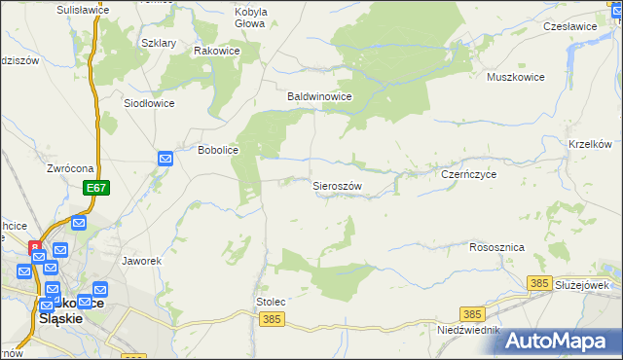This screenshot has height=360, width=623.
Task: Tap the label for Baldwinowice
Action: pyautogui.click(x=318, y=97)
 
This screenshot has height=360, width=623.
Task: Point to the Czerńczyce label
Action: pyautogui.click(x=469, y=174)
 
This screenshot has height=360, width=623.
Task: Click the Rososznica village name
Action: pyautogui.click(x=496, y=247)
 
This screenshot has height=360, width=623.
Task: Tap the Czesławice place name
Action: pyautogui.click(x=570, y=26)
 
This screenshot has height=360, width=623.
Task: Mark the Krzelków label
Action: pyautogui.click(x=590, y=144)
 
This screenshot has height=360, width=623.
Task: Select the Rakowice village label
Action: pyautogui.click(x=216, y=51)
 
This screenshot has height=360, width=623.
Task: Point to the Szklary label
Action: pyautogui.click(x=159, y=44)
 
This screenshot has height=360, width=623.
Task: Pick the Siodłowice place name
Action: pyautogui.click(x=149, y=102)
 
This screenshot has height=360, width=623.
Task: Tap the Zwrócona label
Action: pyautogui.click(x=69, y=168)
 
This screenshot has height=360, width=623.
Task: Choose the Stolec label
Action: pyautogui.click(x=271, y=303)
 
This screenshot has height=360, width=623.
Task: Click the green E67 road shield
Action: pyautogui.click(x=95, y=187)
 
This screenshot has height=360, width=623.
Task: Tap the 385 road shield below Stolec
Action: pyautogui.click(x=273, y=319)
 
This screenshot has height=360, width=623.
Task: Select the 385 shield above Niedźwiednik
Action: pyautogui.click(x=473, y=313)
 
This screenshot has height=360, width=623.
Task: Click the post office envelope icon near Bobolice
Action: pyautogui.click(x=165, y=158)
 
